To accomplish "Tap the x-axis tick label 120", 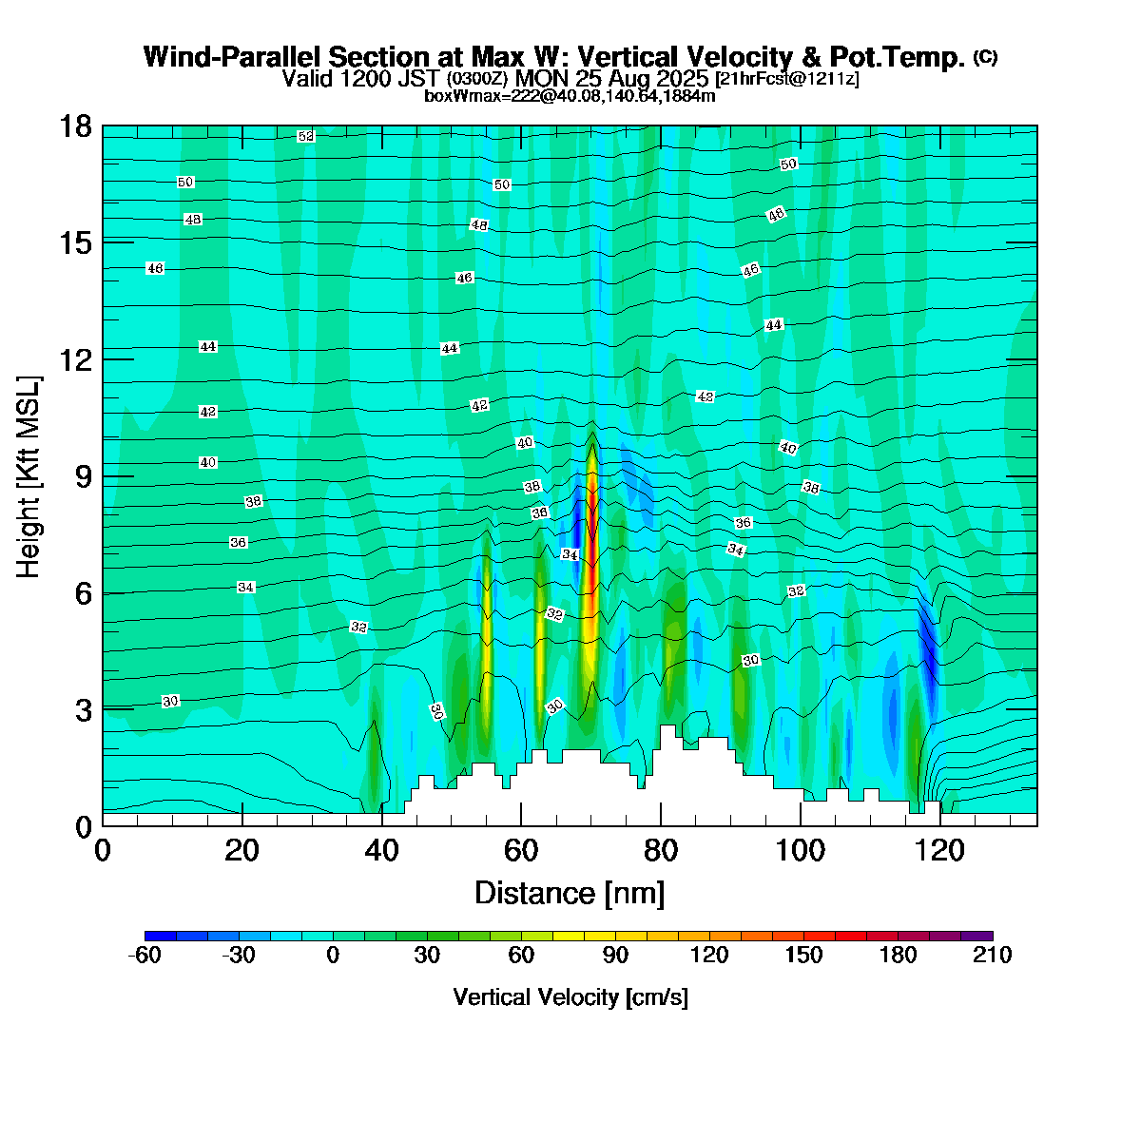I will pyautogui.click(x=940, y=850).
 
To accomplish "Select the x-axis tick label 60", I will pyautogui.click(x=520, y=850).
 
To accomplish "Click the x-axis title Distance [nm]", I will pyautogui.click(x=570, y=894).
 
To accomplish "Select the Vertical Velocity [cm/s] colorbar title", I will pyautogui.click(x=570, y=997).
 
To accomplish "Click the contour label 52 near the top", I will pyautogui.click(x=305, y=137).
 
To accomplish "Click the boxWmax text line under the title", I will pyautogui.click(x=570, y=96).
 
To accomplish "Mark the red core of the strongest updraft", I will pyautogui.click(x=591, y=504).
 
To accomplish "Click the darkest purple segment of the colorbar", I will pyautogui.click(x=977, y=937).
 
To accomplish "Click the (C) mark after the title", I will pyautogui.click(x=985, y=57).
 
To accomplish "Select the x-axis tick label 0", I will pyautogui.click(x=103, y=850).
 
